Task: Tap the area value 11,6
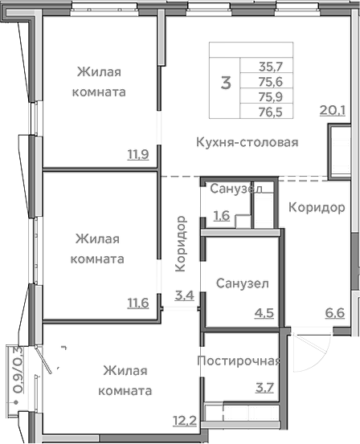[x=137, y=303]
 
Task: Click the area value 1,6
[x=223, y=215]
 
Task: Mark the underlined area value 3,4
[x=184, y=295]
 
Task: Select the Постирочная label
[x=239, y=360]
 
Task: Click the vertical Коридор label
[x=182, y=242]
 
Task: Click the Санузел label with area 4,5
[x=242, y=283]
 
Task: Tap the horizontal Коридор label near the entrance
[x=311, y=207]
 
